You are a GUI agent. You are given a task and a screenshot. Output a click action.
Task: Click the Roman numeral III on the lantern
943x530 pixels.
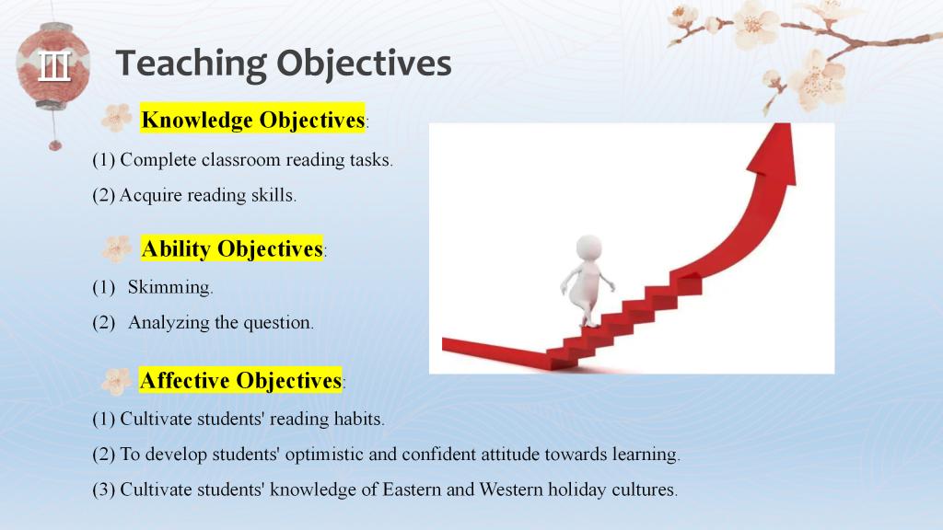[x=54, y=65]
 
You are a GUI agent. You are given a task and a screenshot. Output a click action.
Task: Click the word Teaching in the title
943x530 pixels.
[x=191, y=64]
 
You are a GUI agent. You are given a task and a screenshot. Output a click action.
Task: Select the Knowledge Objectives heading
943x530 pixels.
[x=253, y=120]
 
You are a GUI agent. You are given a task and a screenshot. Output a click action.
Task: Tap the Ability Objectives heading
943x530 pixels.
[x=232, y=248]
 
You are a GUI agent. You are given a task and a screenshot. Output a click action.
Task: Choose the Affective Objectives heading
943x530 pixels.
[x=240, y=380]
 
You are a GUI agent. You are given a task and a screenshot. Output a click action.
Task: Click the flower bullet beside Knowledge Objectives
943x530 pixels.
[x=117, y=118]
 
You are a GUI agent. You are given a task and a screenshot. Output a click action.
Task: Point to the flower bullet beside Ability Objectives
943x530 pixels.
[x=117, y=248]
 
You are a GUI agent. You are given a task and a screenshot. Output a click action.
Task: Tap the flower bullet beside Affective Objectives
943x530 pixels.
[x=117, y=381]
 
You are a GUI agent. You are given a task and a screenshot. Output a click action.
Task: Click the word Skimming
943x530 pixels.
[x=170, y=288]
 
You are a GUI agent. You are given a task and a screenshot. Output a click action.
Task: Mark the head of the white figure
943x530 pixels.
[x=588, y=247]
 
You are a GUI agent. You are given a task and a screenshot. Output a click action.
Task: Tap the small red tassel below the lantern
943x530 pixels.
[x=55, y=144]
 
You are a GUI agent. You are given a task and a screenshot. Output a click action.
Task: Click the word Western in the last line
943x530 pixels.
[x=510, y=490]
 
